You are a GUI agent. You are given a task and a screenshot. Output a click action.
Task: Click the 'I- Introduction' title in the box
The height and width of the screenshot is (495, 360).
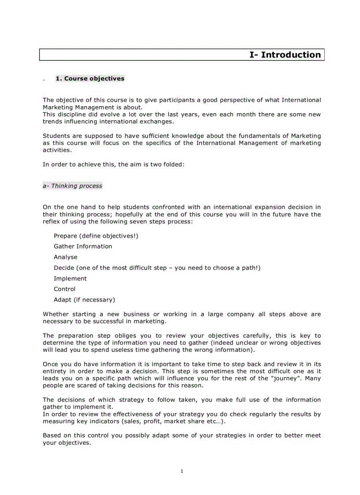285,55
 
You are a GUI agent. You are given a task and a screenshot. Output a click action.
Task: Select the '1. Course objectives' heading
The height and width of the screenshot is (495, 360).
90,79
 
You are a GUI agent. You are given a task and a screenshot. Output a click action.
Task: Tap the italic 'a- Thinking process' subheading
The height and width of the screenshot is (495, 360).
72,186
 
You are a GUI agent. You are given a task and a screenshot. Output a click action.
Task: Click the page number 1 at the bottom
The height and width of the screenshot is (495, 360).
182,471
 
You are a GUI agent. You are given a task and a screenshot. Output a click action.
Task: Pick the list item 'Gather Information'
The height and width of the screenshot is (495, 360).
83,246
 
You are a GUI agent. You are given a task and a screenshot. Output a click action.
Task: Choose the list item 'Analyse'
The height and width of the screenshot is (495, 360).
65,257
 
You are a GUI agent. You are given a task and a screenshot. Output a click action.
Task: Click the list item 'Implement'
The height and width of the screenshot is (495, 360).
70,279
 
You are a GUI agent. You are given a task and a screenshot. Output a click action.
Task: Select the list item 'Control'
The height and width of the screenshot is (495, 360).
64,289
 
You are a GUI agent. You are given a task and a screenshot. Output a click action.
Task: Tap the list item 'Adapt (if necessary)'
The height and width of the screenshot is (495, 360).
84,300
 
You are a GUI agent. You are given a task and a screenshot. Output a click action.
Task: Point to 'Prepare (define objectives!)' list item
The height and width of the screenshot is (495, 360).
96,236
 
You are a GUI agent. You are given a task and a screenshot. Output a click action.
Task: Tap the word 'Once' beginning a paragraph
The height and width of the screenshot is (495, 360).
50,364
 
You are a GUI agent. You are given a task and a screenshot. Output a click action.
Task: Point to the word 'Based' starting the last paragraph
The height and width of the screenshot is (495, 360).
52,435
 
